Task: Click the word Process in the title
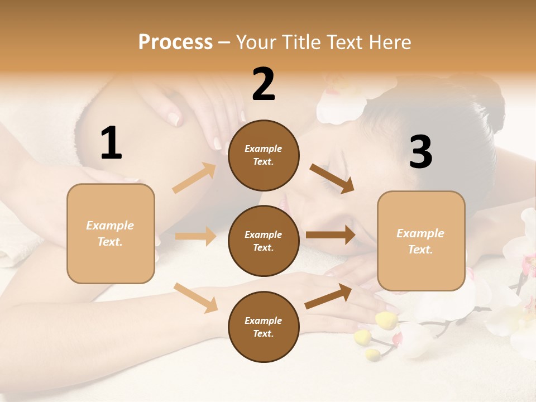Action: (175, 42)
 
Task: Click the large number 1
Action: (111, 143)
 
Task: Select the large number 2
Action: (264, 84)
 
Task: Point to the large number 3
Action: (420, 152)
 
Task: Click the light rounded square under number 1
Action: (111, 233)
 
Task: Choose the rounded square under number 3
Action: (420, 241)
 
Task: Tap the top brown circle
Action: (264, 155)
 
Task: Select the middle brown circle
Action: (264, 241)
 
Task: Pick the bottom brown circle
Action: (264, 327)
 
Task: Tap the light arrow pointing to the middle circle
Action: (195, 236)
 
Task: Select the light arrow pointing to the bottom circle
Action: (195, 297)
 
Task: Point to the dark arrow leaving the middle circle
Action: (331, 235)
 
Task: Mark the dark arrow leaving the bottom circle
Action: (328, 296)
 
